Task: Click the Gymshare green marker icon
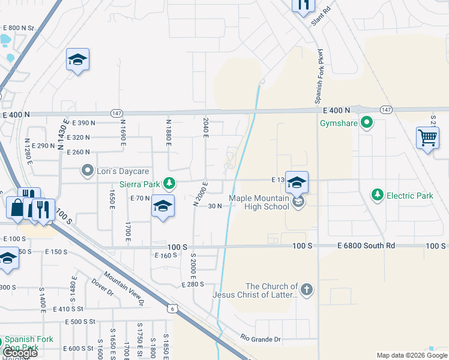tap(366, 124)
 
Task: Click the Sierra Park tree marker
tap(170, 183)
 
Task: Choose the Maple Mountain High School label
tap(259, 202)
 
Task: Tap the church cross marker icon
tap(306, 290)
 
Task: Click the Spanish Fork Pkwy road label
tap(321, 76)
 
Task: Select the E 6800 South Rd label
tap(366, 246)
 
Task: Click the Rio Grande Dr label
tap(261, 339)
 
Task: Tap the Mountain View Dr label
tap(124, 288)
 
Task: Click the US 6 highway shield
tap(172, 308)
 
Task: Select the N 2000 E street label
tap(200, 194)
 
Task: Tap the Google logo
tap(20, 353)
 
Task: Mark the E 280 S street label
tap(193, 284)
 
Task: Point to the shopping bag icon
tap(16, 208)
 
